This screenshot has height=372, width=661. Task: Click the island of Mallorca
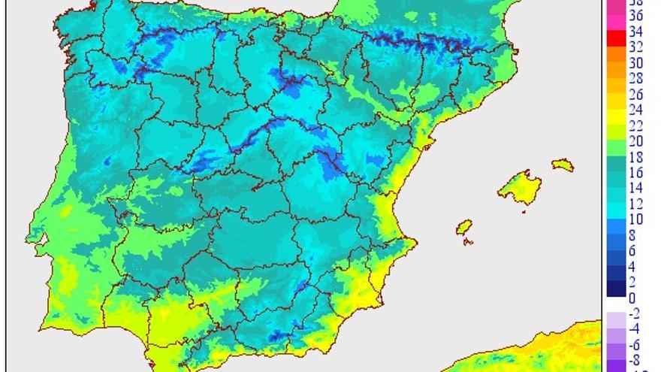click(x=520, y=185)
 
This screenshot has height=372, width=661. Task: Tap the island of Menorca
click(x=562, y=164)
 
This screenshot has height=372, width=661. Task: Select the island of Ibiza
click(x=464, y=227)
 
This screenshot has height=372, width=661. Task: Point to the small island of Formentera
click(x=469, y=242)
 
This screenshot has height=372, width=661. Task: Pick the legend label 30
click(x=635, y=63)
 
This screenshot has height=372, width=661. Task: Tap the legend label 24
click(x=635, y=110)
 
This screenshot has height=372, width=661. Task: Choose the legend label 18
click(x=635, y=157)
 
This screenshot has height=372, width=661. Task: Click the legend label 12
click(x=635, y=204)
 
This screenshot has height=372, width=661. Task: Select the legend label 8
click(x=632, y=235)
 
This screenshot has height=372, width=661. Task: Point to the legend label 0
click(x=632, y=298)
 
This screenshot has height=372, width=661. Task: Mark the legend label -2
click(x=634, y=313)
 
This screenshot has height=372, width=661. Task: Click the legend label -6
click(x=634, y=344)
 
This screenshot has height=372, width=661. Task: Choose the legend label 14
click(x=635, y=189)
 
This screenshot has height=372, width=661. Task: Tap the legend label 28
click(x=635, y=79)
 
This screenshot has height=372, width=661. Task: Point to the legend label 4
click(x=632, y=267)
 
